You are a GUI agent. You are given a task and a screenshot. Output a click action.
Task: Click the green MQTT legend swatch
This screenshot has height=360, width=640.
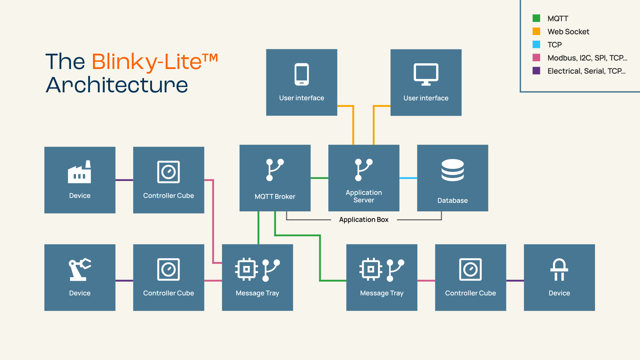point(536,18)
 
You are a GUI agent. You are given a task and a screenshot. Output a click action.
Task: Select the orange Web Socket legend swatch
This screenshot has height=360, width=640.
point(536,31)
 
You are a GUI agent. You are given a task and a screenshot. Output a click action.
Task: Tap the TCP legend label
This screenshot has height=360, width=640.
point(555,45)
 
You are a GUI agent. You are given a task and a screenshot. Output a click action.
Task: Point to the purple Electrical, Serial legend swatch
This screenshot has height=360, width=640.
point(536,71)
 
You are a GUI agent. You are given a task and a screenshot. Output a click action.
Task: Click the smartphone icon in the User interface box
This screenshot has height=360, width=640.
point(302,74)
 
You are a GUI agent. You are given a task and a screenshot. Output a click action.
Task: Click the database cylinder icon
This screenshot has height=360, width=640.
point(452,170)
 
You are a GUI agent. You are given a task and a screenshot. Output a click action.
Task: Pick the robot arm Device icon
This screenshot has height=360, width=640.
point(80,269)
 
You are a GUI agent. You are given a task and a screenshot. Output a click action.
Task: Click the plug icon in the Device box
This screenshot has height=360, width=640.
point(559,269)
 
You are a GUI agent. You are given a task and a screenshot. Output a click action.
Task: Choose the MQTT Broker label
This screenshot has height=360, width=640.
point(275,197)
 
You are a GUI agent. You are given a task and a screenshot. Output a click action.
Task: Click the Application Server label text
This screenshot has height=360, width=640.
point(364,196)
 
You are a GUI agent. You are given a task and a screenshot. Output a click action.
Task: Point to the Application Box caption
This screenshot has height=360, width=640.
point(364,220)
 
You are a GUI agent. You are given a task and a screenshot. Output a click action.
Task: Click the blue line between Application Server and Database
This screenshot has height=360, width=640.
point(408,178)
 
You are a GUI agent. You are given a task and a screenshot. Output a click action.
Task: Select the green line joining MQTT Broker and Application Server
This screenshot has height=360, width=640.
point(319,178)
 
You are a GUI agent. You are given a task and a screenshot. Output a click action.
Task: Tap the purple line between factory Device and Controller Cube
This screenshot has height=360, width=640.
point(124,180)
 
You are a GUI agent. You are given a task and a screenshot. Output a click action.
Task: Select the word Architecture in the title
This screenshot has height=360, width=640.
point(117,85)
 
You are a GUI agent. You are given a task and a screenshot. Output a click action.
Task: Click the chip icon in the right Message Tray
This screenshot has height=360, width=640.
point(371,269)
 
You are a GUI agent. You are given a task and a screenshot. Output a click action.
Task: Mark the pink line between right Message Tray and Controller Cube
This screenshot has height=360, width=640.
point(426,281)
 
